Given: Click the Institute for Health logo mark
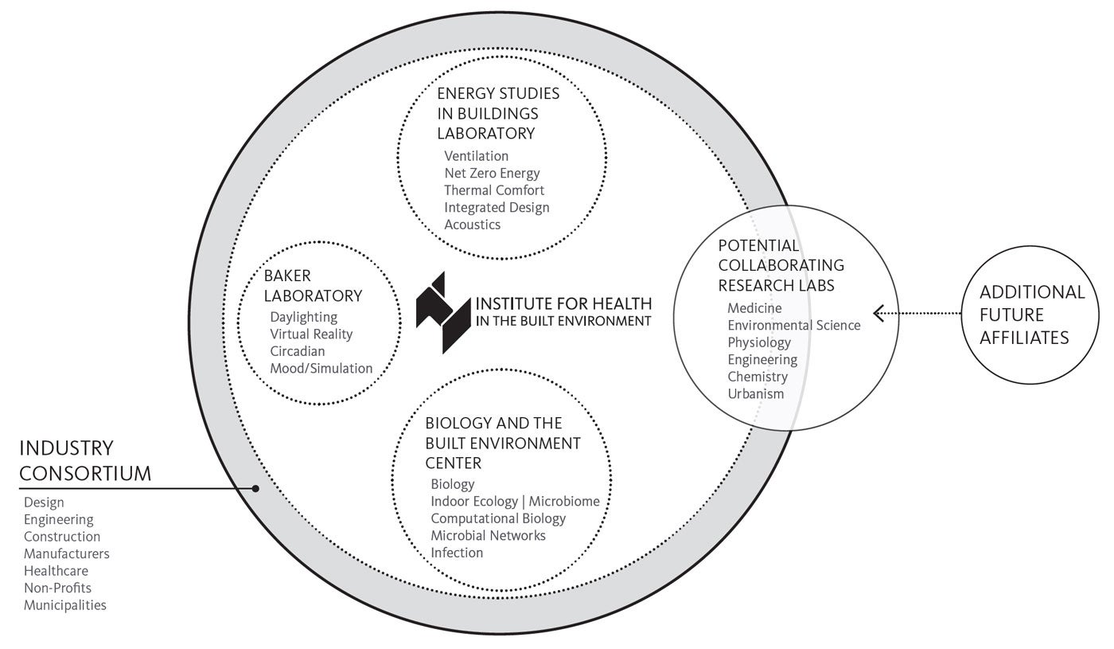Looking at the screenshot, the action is click(443, 312).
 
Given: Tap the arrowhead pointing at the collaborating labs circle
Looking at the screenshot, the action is click(878, 313).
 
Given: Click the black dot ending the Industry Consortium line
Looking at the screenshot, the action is click(255, 489).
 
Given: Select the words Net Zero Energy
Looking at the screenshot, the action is click(492, 174).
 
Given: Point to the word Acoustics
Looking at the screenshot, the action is click(473, 225).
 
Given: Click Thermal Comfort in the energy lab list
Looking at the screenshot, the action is click(494, 190).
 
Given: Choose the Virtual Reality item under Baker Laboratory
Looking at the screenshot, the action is click(311, 334).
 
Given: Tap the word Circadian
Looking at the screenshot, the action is click(298, 351).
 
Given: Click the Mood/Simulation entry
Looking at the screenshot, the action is click(321, 368).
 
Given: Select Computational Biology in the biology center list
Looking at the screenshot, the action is click(498, 518).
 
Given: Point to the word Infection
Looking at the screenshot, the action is click(457, 553).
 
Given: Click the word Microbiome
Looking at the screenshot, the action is click(564, 501).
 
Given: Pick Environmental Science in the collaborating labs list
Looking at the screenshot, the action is click(794, 325).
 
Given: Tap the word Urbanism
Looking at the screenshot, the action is click(755, 393).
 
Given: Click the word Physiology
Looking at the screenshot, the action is click(759, 342).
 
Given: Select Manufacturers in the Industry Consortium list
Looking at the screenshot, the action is click(67, 553).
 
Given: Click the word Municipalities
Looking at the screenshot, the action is click(65, 605).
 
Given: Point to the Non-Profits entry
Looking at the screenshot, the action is click(57, 588).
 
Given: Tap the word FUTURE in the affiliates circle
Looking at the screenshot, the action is click(1011, 315).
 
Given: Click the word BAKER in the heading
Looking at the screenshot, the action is click(287, 276).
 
